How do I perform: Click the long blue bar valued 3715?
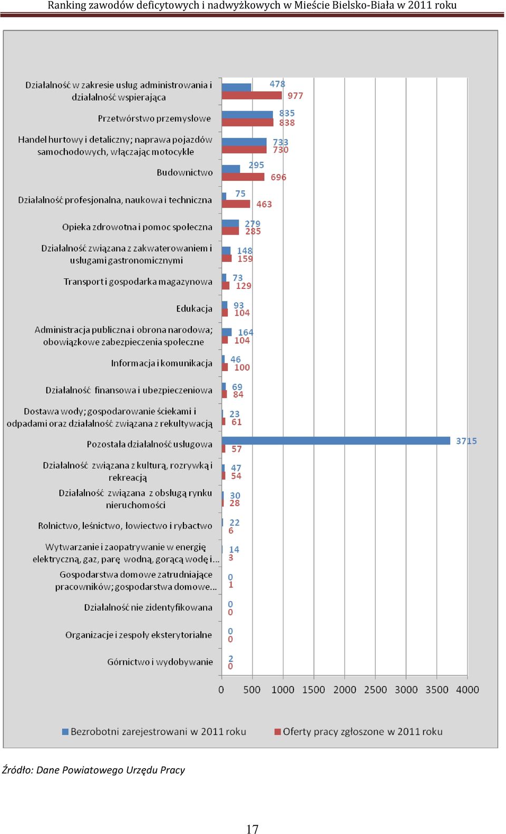(x=336, y=440)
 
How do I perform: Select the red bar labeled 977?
(x=252, y=95)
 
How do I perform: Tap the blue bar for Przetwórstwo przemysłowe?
(x=247, y=115)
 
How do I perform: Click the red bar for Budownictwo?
(x=243, y=177)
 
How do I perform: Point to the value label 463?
(x=264, y=205)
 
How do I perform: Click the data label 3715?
(x=466, y=441)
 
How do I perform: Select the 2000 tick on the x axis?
(x=344, y=690)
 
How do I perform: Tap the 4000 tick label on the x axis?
(x=468, y=690)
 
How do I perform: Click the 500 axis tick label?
(x=252, y=690)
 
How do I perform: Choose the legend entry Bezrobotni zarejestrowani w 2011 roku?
(x=154, y=732)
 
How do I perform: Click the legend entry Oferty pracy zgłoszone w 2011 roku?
(x=358, y=732)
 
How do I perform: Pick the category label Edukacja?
(x=194, y=308)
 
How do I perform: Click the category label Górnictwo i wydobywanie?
(x=160, y=662)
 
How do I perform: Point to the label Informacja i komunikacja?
(x=162, y=363)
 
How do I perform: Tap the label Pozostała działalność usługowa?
(x=150, y=444)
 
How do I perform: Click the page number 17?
(x=252, y=829)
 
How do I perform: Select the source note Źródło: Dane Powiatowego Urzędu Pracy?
(x=93, y=770)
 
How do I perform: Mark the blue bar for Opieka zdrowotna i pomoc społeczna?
(x=230, y=224)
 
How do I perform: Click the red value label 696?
(x=278, y=177)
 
